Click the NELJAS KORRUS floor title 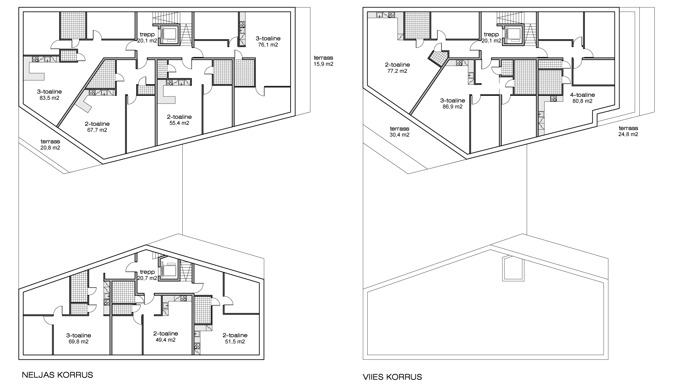tap(57, 375)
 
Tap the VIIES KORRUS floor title tap(393, 377)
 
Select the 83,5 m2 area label tap(49, 98)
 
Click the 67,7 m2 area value tap(97, 130)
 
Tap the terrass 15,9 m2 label tap(323, 61)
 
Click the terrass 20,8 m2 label tap(50, 145)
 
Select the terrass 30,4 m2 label tap(399, 132)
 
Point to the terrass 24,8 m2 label tap(628, 131)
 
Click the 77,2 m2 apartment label tap(397, 68)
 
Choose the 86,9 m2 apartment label tap(452, 104)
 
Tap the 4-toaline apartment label tap(582, 95)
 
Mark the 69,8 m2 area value tap(78, 341)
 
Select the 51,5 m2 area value tap(235, 341)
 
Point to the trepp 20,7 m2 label tap(147, 275)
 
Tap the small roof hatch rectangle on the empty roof tap(513, 269)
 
